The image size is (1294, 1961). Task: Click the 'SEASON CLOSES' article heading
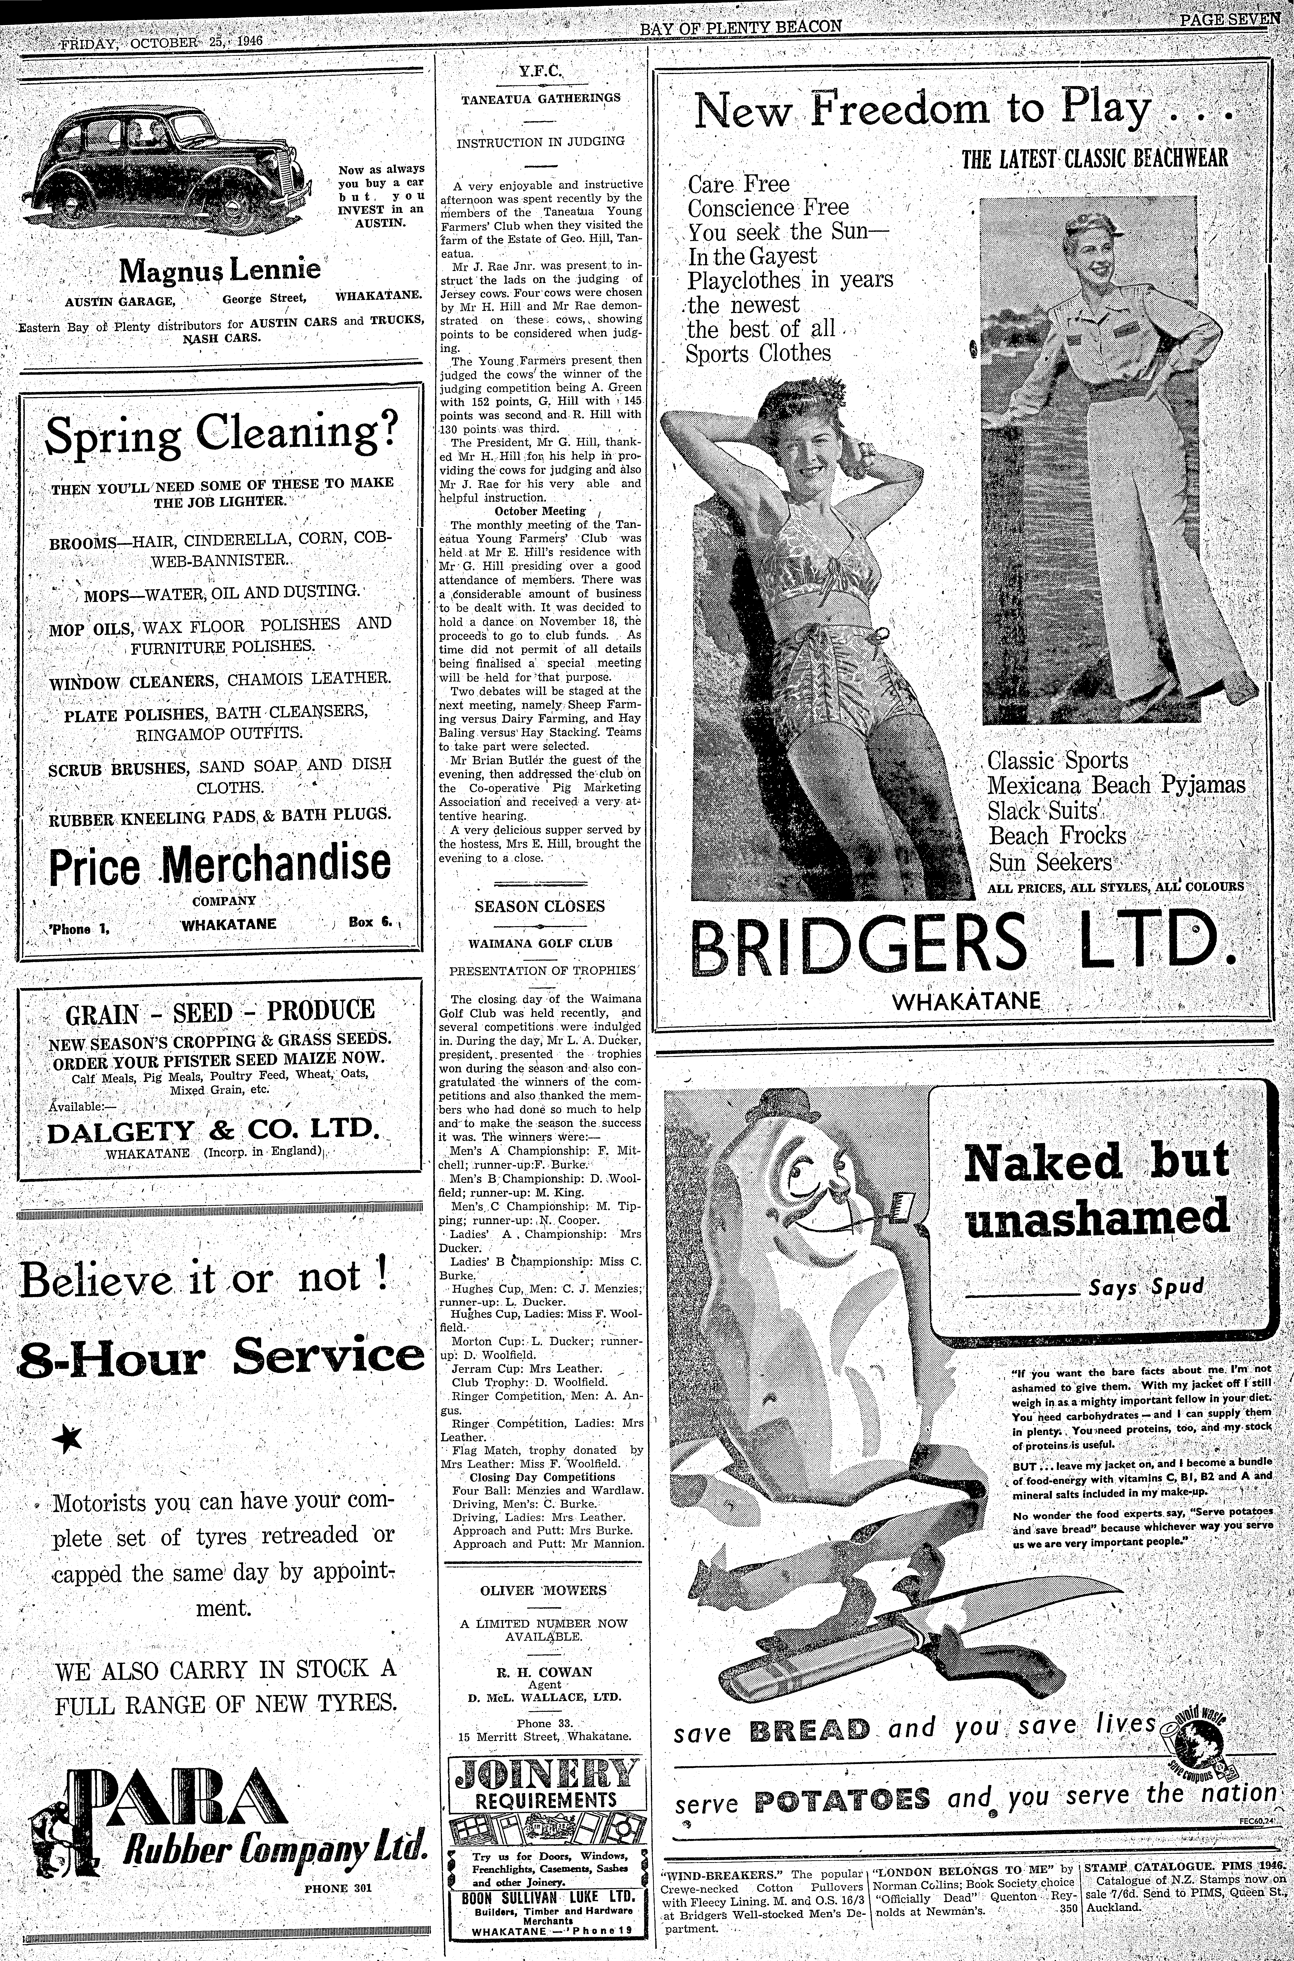tap(540, 906)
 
